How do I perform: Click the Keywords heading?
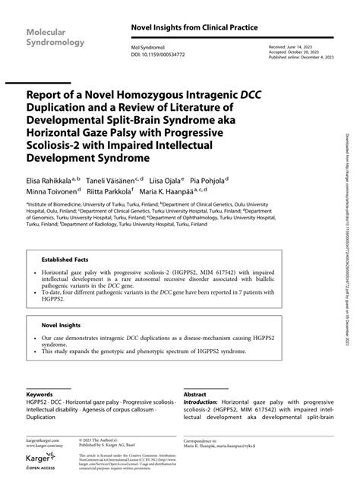[39, 395]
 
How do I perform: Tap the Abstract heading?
[195, 395]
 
